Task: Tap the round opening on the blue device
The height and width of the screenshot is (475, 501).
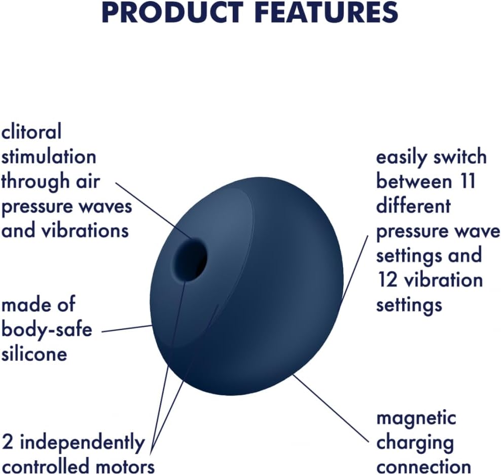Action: [x=190, y=260]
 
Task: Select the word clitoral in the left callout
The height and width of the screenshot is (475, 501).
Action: [x=31, y=132]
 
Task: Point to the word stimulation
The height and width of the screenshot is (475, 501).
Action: [x=49, y=156]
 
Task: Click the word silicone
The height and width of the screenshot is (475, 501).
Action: [x=34, y=353]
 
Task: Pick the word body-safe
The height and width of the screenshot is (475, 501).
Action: [x=47, y=329]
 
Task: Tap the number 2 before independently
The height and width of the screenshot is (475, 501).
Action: [x=8, y=442]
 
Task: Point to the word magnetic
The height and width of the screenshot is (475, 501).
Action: [x=416, y=418]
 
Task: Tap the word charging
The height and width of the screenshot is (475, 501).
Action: [x=415, y=443]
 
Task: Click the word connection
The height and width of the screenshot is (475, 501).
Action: [x=424, y=467]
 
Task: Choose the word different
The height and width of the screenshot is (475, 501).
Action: [x=413, y=206]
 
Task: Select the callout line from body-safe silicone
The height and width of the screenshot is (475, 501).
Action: [x=127, y=329]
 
